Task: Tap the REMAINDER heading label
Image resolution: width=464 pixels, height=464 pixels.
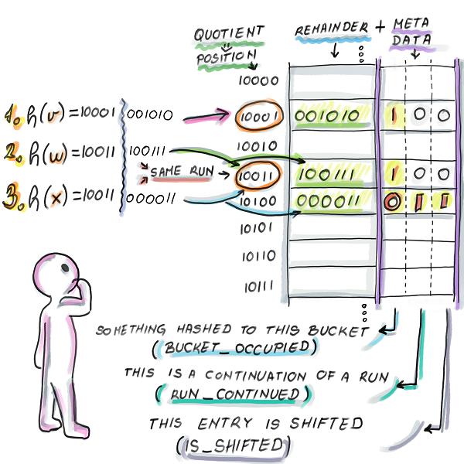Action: [330, 29]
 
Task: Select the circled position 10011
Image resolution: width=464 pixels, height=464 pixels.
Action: [258, 175]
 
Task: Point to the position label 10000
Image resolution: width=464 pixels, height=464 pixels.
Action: [258, 80]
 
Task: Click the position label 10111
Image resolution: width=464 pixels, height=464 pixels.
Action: [258, 287]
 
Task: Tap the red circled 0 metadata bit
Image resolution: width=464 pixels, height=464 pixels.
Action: [391, 203]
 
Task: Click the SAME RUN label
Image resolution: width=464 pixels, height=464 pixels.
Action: [184, 170]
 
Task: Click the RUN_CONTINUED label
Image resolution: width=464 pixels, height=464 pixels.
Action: [234, 394]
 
